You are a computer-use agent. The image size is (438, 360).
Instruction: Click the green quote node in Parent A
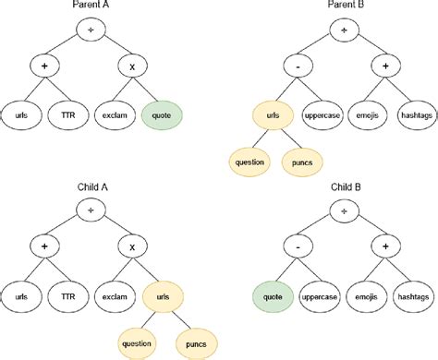pos(163,115)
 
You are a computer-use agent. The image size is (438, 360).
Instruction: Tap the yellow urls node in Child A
pos(163,296)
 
